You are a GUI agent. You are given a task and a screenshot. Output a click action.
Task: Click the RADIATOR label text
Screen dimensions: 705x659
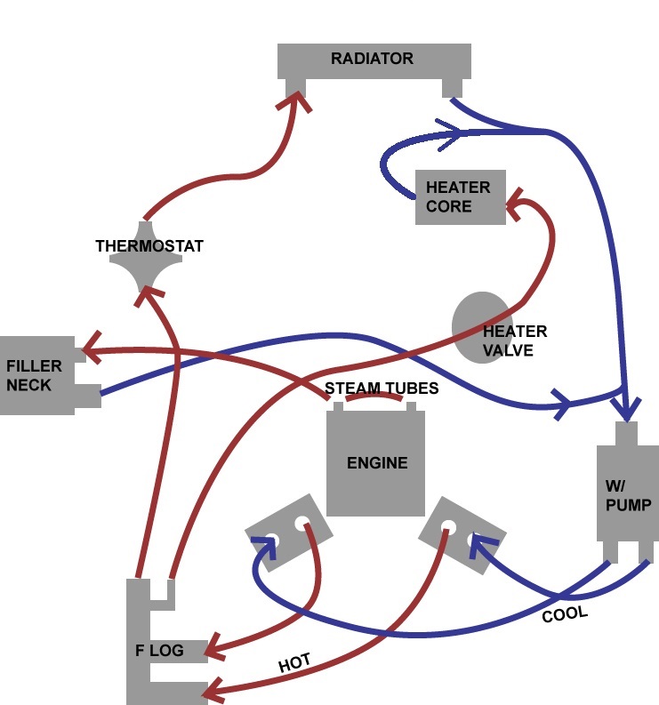click(372, 59)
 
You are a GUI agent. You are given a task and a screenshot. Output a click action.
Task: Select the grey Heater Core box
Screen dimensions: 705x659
click(460, 197)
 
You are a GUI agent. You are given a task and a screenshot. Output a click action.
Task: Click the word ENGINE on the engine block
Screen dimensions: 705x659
click(377, 462)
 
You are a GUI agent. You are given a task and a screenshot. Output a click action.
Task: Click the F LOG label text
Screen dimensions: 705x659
click(159, 650)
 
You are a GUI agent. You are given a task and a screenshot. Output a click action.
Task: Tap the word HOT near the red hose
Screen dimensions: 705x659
click(294, 664)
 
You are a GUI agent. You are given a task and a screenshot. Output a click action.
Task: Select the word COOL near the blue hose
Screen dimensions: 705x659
click(565, 614)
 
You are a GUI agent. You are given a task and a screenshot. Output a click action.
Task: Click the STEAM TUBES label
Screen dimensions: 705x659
click(382, 389)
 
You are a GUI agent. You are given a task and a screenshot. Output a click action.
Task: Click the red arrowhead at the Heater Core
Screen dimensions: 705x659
click(515, 205)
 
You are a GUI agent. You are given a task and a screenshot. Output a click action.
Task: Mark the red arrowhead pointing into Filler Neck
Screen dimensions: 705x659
click(90, 349)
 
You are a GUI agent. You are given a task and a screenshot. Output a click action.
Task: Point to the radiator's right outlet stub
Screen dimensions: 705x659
click(453, 87)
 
